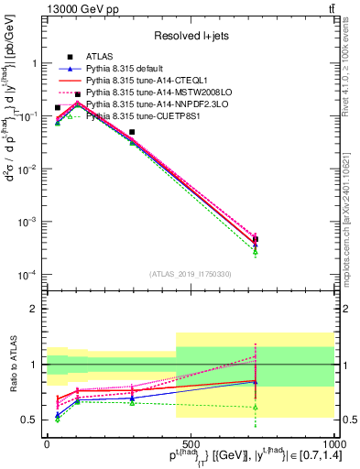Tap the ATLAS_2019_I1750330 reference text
pos(190,274)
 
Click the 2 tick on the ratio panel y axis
pos(34,309)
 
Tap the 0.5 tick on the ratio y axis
pos(29,420)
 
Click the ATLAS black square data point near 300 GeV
pos(132,132)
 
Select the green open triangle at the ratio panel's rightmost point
pos(256,407)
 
